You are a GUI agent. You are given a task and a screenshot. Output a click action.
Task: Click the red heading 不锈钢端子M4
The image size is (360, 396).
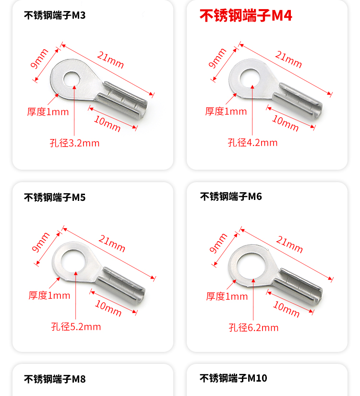click(246, 16)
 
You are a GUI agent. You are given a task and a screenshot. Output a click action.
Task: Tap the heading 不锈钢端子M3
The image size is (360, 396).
click(55, 15)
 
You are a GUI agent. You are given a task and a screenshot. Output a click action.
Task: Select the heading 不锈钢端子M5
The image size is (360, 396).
click(55, 197)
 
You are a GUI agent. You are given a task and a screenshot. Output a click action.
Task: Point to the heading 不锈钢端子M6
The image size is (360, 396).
click(231, 197)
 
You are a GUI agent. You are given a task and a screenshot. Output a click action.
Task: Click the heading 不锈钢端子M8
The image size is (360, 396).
click(55, 379)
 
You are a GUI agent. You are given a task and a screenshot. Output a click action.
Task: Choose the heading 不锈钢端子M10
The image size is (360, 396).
click(233, 378)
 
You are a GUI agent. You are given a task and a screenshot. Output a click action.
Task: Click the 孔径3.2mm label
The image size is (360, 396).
click(74, 143)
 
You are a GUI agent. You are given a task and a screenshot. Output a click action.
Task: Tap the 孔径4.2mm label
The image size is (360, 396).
click(252, 143)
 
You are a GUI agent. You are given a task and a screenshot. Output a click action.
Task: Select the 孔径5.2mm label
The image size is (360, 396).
click(76, 327)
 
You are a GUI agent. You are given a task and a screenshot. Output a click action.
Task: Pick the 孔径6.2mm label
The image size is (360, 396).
click(253, 327)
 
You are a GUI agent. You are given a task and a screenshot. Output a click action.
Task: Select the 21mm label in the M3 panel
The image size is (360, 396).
click(110, 60)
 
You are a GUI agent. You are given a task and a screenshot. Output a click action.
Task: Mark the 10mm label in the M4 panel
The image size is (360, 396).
click(286, 123)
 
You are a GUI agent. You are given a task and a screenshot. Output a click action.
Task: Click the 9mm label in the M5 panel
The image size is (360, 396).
click(40, 242)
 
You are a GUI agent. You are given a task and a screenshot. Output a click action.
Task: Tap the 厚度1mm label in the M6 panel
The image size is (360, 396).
click(227, 296)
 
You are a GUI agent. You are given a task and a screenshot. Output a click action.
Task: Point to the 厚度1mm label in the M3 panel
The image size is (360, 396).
click(48, 112)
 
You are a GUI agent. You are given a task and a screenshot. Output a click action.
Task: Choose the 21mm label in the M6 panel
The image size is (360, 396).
click(289, 244)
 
